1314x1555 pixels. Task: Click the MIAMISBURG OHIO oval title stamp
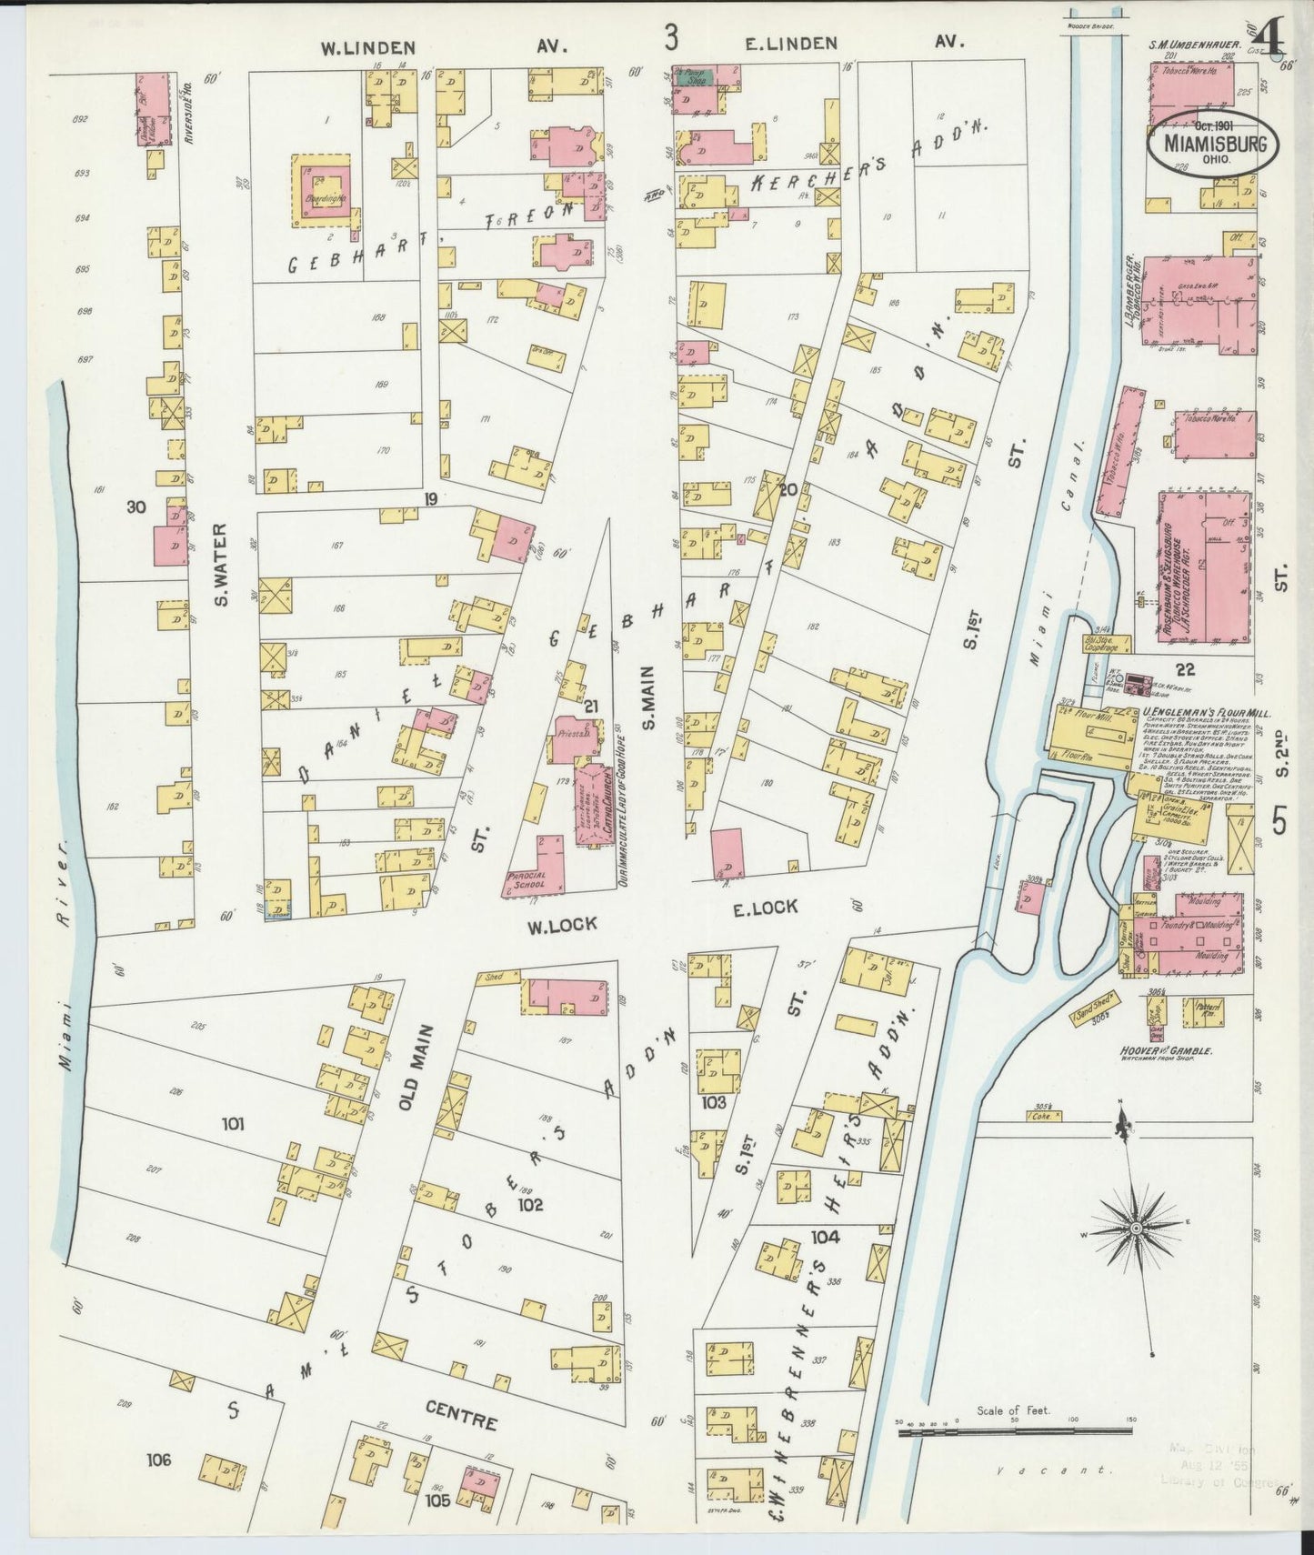pyautogui.click(x=1211, y=144)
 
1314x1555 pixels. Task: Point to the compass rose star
pyautogui.click(x=1135, y=1229)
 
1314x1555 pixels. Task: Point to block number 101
pyautogui.click(x=234, y=1124)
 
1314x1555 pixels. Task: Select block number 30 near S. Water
pyautogui.click(x=136, y=507)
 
